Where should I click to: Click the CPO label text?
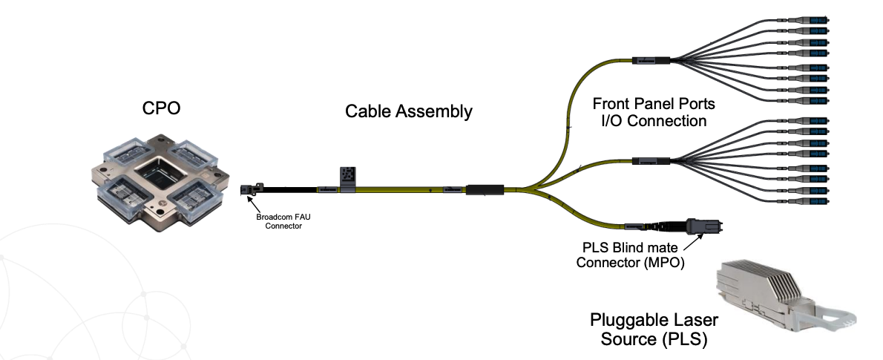(x=161, y=108)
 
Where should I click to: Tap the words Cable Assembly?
(x=408, y=112)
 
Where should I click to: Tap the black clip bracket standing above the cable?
(x=347, y=177)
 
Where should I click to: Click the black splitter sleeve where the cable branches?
(x=485, y=190)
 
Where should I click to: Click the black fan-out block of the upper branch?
(x=651, y=60)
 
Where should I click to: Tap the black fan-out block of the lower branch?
(x=651, y=160)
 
